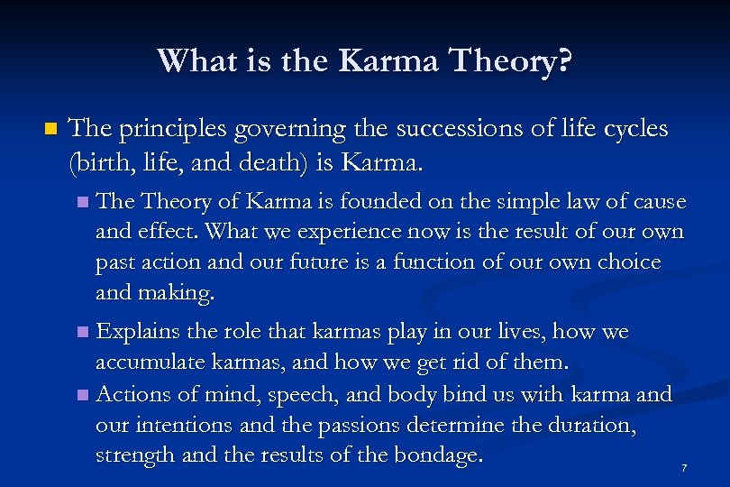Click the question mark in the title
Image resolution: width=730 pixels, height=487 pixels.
[x=562, y=61]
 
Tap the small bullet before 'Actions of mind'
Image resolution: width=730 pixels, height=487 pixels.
[x=84, y=395]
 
